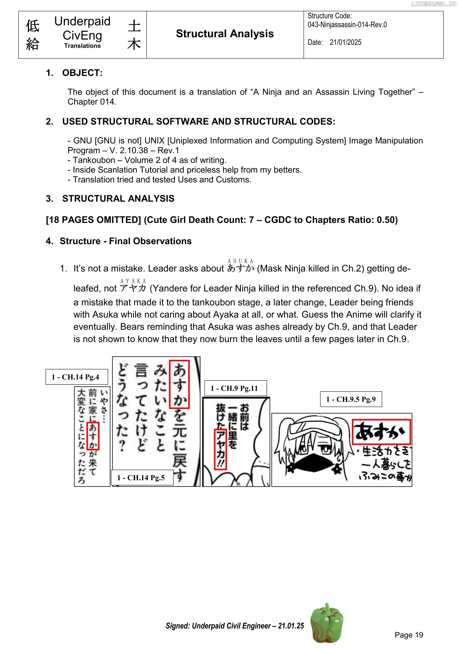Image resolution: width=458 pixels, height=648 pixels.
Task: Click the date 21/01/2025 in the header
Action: tap(345, 42)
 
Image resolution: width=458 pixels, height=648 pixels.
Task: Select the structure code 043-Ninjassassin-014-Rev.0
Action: tap(347, 25)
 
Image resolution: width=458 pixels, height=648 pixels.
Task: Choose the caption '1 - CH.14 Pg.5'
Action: tap(141, 478)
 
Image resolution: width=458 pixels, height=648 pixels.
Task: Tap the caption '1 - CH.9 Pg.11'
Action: tap(234, 388)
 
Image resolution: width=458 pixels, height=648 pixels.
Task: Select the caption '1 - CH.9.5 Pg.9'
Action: tap(351, 399)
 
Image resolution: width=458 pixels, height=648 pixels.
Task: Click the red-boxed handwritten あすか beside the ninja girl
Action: tap(381, 432)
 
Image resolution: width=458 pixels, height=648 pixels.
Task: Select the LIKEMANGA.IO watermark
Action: tap(433, 4)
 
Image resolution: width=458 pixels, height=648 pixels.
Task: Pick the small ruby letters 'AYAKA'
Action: tap(133, 281)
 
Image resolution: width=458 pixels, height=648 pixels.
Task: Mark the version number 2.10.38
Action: tap(134, 150)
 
